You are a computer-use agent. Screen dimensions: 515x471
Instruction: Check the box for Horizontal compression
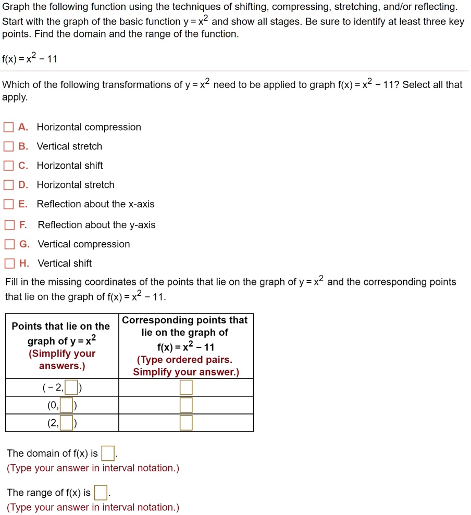(x=9, y=128)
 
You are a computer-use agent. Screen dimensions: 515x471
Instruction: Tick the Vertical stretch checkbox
(x=9, y=147)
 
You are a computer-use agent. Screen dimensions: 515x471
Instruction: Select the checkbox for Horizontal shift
(x=9, y=166)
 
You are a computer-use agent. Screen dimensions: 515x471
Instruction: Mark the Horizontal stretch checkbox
(x=9, y=185)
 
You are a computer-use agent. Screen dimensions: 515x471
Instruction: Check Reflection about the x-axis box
(x=9, y=205)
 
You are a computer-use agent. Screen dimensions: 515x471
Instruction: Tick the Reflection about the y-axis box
(x=9, y=225)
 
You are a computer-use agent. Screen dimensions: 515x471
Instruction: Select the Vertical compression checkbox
(x=9, y=245)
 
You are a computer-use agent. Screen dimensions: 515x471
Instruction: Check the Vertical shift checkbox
(x=9, y=264)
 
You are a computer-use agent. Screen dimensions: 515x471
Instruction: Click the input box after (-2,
(x=71, y=388)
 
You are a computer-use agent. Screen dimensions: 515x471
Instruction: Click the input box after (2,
(x=66, y=423)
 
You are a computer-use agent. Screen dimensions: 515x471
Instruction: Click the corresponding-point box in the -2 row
(x=186, y=388)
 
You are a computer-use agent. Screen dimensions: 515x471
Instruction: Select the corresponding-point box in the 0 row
(x=186, y=406)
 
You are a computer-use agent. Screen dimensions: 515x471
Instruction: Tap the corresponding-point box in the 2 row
(x=186, y=423)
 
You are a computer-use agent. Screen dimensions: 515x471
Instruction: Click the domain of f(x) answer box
(x=107, y=454)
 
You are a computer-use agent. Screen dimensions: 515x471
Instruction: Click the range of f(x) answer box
(x=101, y=493)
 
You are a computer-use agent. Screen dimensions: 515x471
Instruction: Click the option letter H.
(x=24, y=263)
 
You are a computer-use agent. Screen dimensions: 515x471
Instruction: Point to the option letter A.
(x=23, y=127)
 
